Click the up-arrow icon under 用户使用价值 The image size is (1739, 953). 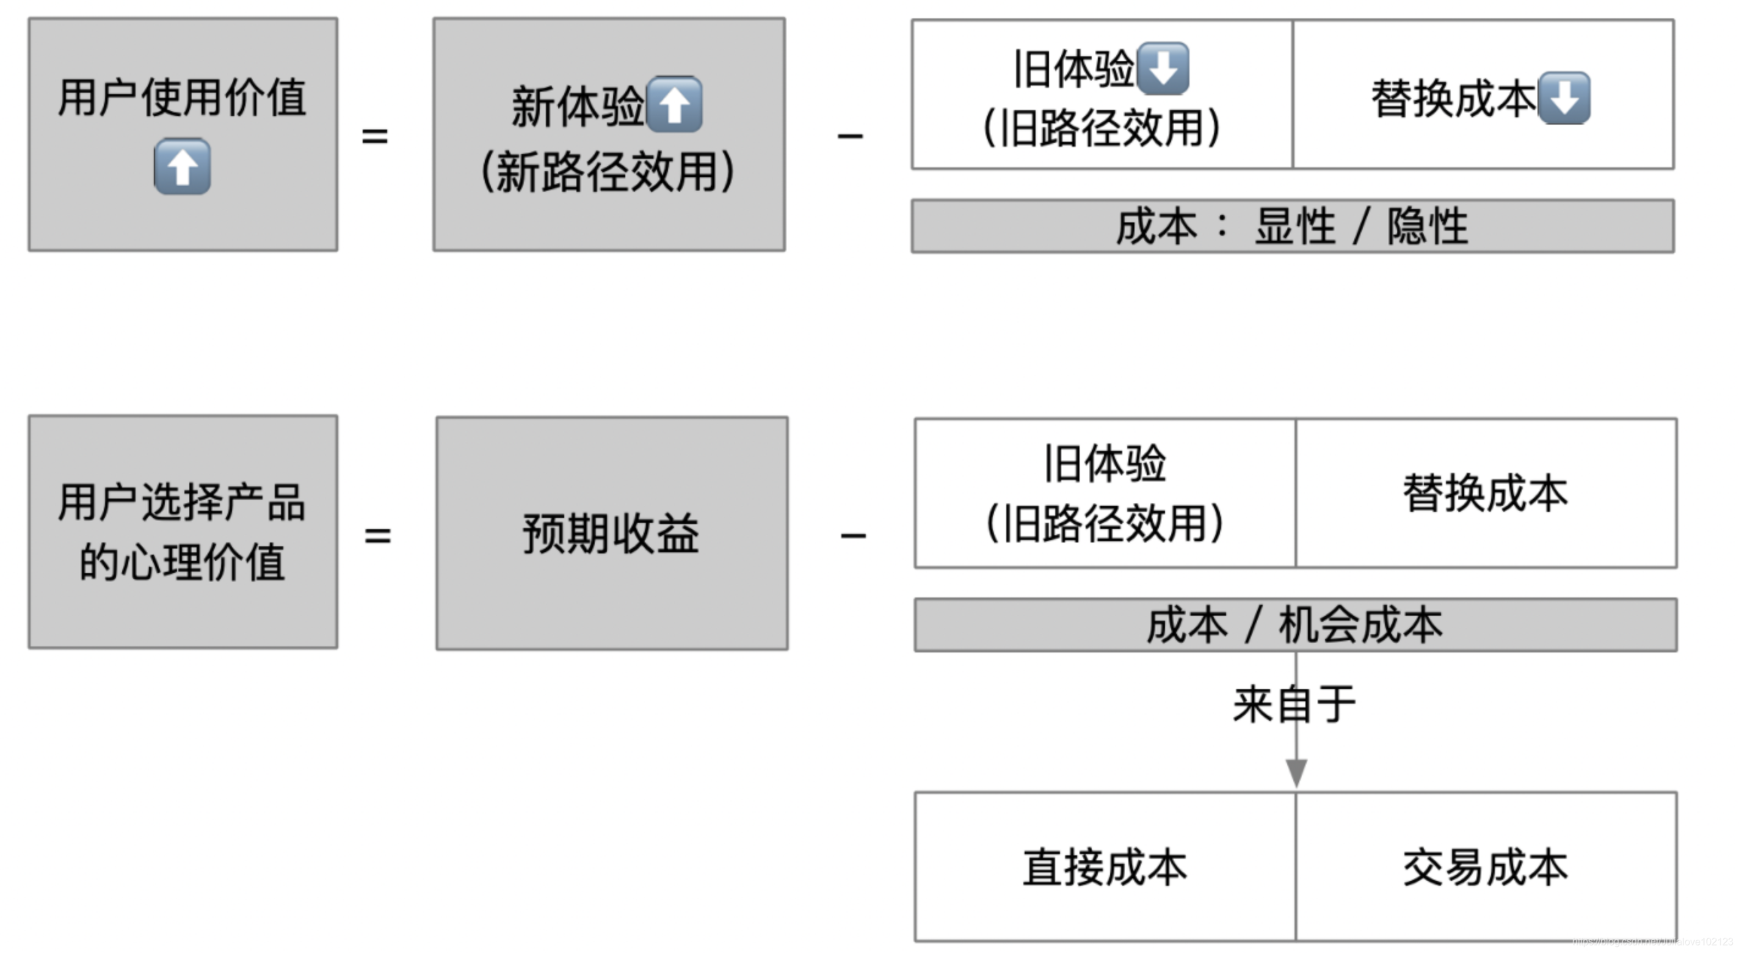[183, 167]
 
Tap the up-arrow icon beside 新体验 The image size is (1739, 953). [674, 104]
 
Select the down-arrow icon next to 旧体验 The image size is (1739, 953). [1163, 68]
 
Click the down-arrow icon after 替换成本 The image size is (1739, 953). [1564, 98]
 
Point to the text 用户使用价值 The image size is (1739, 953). [183, 97]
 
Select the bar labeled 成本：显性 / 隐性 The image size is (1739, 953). [1292, 226]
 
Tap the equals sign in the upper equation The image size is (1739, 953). [375, 136]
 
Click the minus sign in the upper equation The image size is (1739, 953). [850, 136]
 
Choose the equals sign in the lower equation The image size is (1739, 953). [377, 536]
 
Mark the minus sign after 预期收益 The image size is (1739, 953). [853, 536]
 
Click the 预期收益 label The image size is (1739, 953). [611, 533]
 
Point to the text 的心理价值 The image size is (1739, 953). [183, 562]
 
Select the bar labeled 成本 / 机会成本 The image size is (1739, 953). [1295, 625]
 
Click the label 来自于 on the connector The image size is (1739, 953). [1294, 704]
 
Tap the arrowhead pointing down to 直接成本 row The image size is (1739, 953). [1296, 772]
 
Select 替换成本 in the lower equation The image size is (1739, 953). [1485, 493]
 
